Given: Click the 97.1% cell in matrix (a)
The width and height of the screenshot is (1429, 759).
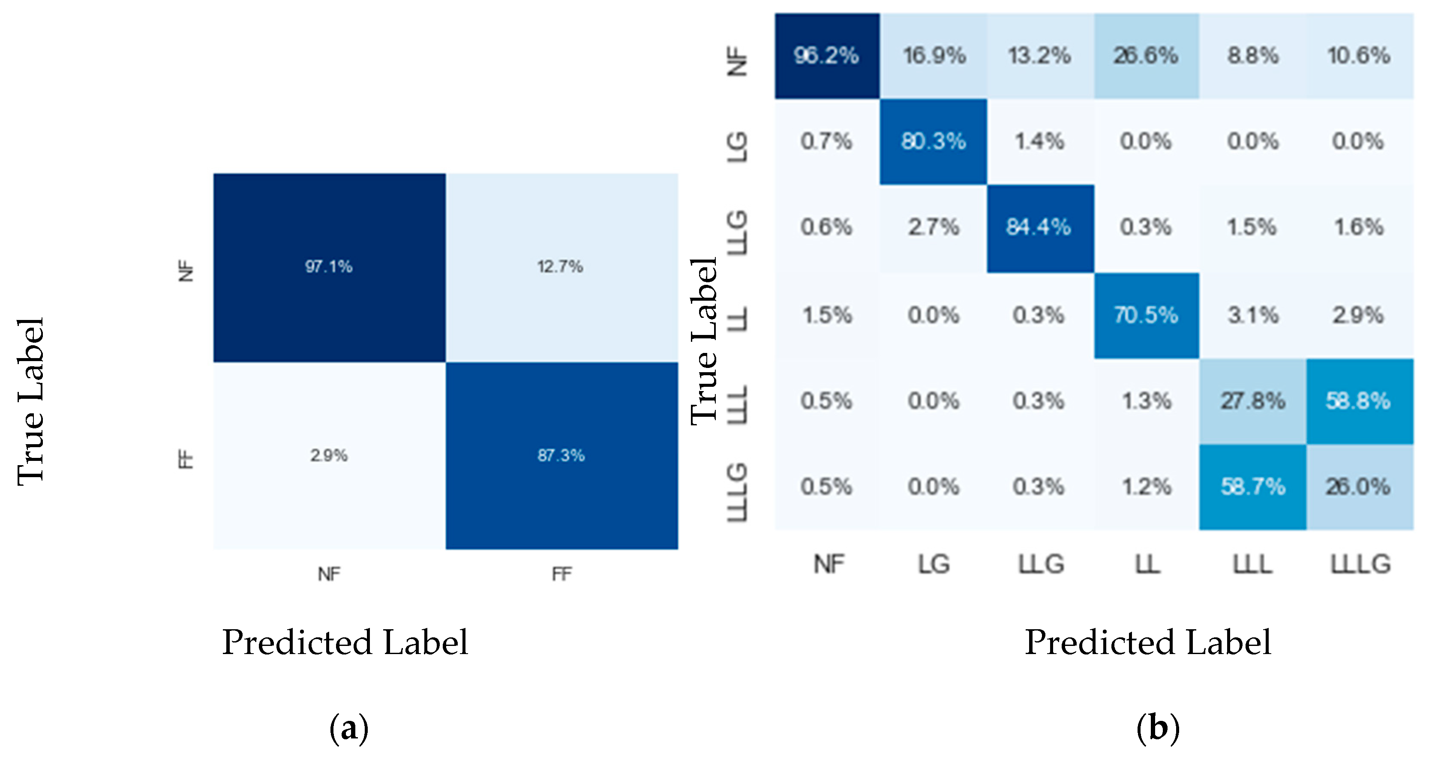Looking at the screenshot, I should pos(329,267).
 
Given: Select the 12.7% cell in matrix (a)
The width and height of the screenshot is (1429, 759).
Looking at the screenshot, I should pos(560,267).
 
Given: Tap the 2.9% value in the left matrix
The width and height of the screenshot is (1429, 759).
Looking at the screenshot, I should pos(329,456).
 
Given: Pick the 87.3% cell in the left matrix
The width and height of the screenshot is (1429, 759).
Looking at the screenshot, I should pos(561,456).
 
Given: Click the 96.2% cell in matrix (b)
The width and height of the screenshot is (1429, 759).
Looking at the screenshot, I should pos(826,55).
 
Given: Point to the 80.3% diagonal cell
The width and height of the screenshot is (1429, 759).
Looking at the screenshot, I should pos(934,141).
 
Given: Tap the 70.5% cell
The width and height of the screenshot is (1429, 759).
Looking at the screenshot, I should pos(1146,315).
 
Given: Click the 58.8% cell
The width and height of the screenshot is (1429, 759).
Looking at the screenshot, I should pos(1359,400).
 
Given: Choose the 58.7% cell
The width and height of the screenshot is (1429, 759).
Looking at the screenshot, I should pos(1253,487).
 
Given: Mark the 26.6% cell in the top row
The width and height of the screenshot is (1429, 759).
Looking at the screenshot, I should pos(1146,55).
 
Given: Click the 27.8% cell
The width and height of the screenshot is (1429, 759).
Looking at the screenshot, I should pos(1253,400).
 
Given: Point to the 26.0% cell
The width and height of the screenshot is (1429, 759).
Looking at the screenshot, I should pos(1359,487).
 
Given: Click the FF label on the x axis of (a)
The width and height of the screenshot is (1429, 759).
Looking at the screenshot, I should pos(561,574).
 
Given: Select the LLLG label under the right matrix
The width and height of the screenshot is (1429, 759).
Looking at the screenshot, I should pos(1361,565).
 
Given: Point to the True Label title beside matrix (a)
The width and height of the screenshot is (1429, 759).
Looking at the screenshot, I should pos(30,402).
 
